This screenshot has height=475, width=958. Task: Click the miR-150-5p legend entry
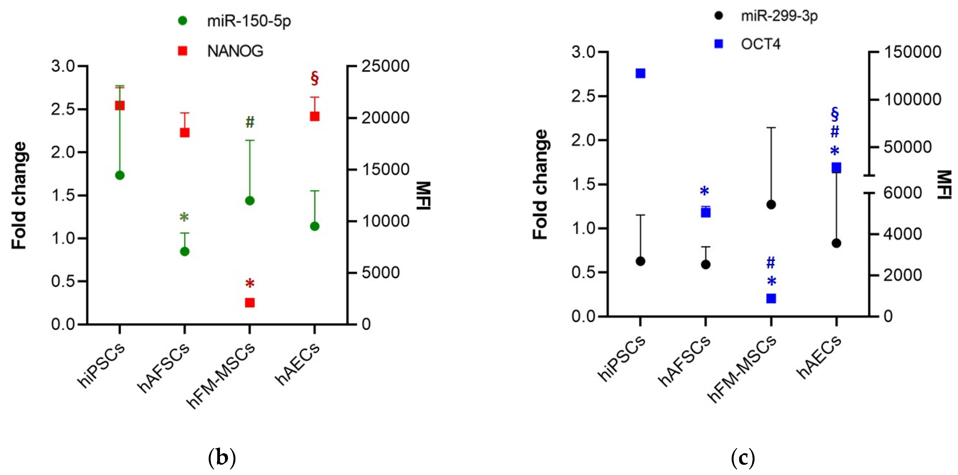click(x=248, y=21)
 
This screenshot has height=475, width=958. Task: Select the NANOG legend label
click(x=235, y=51)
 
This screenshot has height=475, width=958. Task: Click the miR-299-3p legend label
click(x=779, y=16)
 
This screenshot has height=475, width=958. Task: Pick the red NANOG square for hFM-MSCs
click(x=249, y=302)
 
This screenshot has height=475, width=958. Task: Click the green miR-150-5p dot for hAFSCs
click(x=184, y=252)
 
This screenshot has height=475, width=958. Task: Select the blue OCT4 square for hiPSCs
click(x=640, y=73)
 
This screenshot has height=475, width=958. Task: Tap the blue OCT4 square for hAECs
click(x=836, y=168)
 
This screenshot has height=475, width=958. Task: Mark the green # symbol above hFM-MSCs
click(x=249, y=122)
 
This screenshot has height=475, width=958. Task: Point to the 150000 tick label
click(x=912, y=52)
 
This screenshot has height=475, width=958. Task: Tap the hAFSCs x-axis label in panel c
click(x=684, y=361)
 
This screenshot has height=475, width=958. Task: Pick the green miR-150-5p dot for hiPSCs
click(x=120, y=175)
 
